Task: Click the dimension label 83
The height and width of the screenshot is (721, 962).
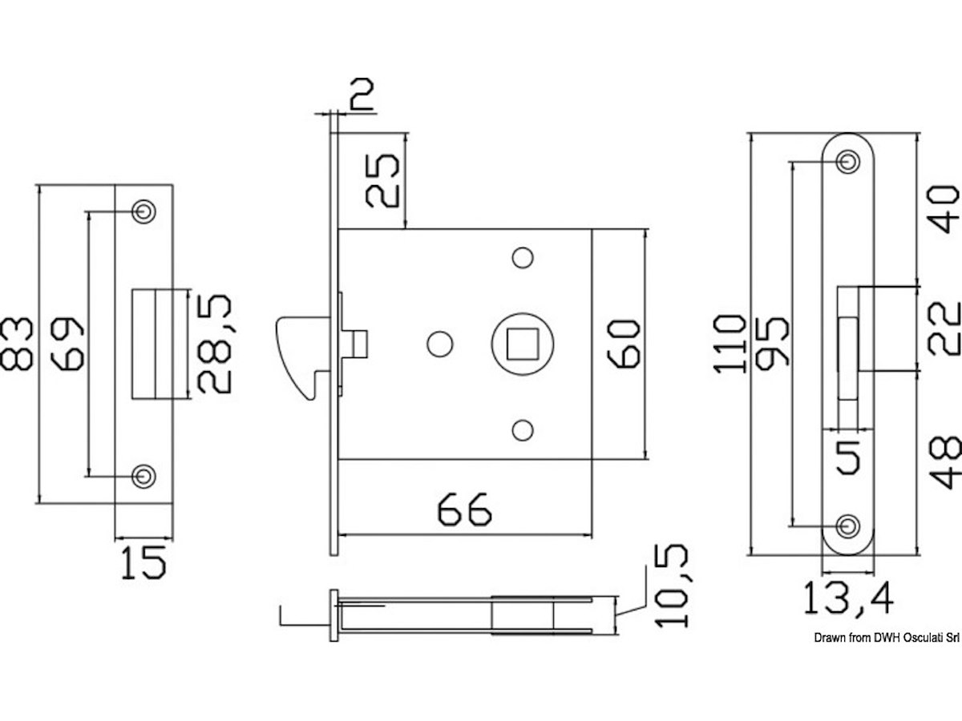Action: (17, 344)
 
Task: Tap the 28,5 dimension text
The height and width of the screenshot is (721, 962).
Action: (214, 344)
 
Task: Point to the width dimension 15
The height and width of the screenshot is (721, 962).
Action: (143, 562)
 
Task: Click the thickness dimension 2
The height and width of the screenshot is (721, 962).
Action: (362, 94)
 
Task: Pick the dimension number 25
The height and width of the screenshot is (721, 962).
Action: (382, 180)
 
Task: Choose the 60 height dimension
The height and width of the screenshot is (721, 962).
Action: (623, 344)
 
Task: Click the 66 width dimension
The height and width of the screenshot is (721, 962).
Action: (464, 510)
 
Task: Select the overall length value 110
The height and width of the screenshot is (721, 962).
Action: (730, 344)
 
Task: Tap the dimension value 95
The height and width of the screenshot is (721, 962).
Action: (772, 341)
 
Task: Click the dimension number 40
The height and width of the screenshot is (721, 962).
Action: (944, 209)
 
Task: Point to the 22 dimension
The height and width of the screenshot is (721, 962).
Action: (944, 328)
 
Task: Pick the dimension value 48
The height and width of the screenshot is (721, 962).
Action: (944, 462)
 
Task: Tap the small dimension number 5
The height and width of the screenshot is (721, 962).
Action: (848, 457)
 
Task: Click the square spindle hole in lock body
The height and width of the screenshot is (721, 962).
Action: (523, 344)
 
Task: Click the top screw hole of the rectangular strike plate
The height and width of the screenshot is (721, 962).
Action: (143, 211)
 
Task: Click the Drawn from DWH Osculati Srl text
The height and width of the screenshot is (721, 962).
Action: (887, 638)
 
